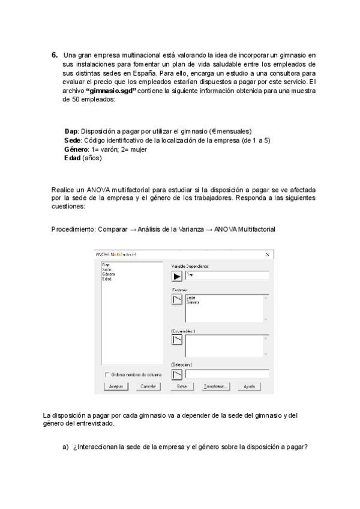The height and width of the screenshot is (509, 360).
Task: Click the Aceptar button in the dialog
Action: [x=116, y=387]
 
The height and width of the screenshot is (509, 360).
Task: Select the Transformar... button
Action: [x=215, y=387]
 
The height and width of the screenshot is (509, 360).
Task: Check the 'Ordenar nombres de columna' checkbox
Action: [x=107, y=375]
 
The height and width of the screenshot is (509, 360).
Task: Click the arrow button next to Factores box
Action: [x=177, y=300]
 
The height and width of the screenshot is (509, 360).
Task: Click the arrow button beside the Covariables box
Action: [x=177, y=340]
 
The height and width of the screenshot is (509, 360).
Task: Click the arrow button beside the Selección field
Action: [x=177, y=375]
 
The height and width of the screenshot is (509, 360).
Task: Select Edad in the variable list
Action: [x=106, y=279]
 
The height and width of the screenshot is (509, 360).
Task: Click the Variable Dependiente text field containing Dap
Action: [x=227, y=276]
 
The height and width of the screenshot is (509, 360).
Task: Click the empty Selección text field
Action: [x=227, y=373]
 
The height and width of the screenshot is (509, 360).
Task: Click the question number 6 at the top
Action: [x=55, y=55]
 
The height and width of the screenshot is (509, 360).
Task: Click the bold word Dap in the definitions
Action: [x=71, y=131]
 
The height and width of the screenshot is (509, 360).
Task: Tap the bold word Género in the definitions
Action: [x=75, y=149]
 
